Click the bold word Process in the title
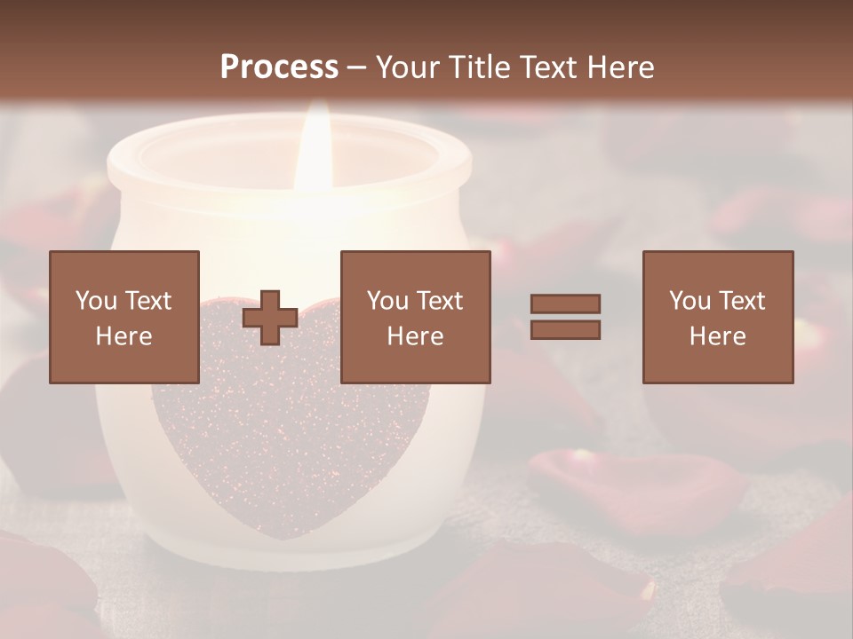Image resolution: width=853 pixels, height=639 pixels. [x=279, y=67]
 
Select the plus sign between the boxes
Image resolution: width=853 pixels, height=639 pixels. [x=270, y=318]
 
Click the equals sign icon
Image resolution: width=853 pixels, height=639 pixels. [x=565, y=317]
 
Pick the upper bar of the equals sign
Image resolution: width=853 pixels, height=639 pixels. [x=565, y=304]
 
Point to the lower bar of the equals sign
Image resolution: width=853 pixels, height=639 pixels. [x=565, y=330]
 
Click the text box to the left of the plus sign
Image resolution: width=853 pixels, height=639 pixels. [x=124, y=317]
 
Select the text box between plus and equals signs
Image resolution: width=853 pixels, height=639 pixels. [x=416, y=317]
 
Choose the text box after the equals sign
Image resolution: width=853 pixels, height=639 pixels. [x=718, y=317]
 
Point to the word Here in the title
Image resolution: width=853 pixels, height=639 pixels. [x=622, y=67]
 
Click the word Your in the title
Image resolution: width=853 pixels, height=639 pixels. [x=403, y=67]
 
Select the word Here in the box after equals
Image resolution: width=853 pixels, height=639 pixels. [x=718, y=335]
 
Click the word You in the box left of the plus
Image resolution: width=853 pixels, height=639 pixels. [x=96, y=300]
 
